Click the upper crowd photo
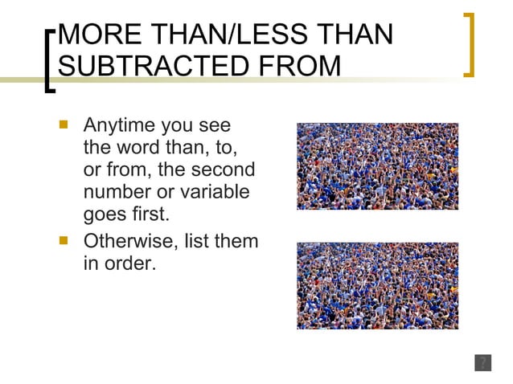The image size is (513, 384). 377,166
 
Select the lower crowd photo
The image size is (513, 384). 377,285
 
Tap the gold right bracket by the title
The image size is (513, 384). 470,45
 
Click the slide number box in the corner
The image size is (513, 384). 482,362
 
